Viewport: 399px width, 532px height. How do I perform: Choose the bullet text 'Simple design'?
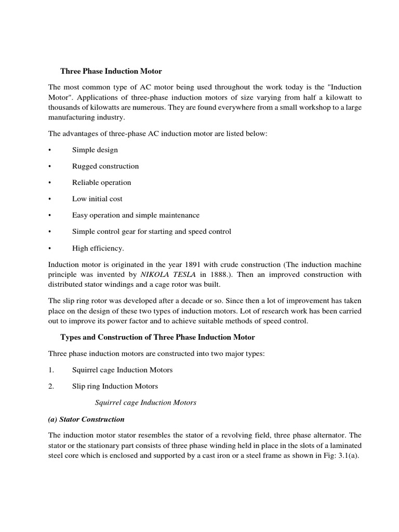point(95,150)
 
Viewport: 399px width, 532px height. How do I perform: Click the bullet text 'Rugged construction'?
point(105,166)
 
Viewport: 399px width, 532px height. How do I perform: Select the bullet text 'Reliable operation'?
point(102,182)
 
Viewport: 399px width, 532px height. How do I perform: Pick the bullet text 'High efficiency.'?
point(98,248)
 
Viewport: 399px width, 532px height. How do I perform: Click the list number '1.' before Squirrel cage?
point(51,370)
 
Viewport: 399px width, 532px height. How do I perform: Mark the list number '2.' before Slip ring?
point(51,386)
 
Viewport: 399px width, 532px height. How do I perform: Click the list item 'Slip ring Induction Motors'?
point(115,386)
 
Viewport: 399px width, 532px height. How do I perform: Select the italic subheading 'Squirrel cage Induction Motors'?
point(147,403)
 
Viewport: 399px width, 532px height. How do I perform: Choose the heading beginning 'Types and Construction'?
point(157,337)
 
